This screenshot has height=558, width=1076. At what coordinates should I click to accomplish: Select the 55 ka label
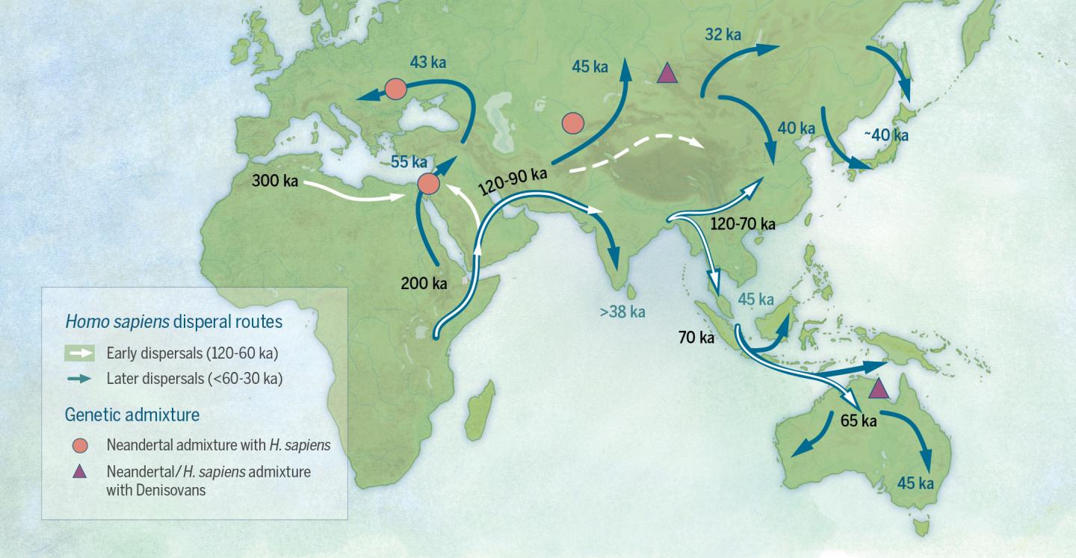pyautogui.click(x=409, y=162)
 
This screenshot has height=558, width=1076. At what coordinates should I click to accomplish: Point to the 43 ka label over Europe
pyautogui.click(x=429, y=62)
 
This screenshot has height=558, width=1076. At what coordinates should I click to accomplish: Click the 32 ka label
pyautogui.click(x=723, y=34)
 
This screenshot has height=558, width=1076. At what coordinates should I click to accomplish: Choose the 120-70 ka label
pyautogui.click(x=743, y=223)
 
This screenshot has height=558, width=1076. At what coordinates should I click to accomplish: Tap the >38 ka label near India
pyautogui.click(x=622, y=311)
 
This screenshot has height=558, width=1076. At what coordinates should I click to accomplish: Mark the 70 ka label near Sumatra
pyautogui.click(x=696, y=338)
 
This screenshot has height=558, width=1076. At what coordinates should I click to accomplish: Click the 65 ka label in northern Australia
pyautogui.click(x=859, y=420)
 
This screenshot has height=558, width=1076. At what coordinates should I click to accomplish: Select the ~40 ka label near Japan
pyautogui.click(x=886, y=135)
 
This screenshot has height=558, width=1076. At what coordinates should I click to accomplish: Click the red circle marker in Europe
pyautogui.click(x=395, y=90)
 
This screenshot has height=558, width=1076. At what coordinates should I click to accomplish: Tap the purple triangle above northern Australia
pyautogui.click(x=879, y=388)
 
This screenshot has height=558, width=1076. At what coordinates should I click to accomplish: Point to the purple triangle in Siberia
pyautogui.click(x=667, y=73)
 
